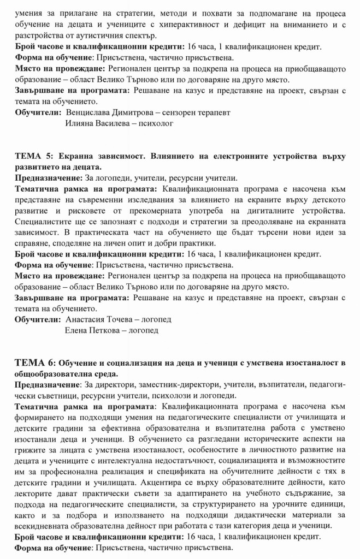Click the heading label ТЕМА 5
[32, 157]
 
